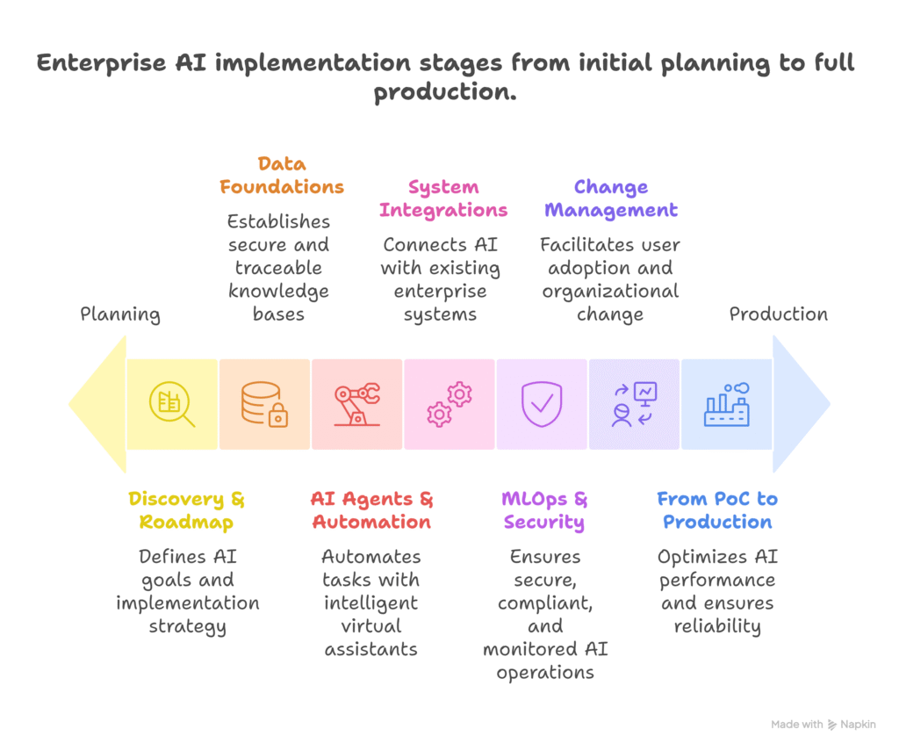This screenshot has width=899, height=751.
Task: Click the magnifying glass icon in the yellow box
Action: (171, 404)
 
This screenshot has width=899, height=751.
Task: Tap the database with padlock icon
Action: (264, 404)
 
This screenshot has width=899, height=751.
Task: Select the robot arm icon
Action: (356, 404)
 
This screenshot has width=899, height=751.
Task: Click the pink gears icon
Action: (449, 404)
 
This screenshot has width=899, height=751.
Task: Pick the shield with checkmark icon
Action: (541, 404)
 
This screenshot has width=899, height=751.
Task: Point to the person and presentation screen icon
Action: (634, 404)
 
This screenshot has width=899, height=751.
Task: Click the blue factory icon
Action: (726, 404)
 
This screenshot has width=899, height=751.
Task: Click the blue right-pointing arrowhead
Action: (801, 404)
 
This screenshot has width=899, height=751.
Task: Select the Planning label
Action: (120, 314)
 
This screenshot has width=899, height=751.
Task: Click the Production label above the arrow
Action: (778, 314)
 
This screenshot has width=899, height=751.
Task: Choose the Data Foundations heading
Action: (282, 175)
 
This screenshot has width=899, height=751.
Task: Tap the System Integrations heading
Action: (443, 199)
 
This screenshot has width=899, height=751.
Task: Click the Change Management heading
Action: (611, 199)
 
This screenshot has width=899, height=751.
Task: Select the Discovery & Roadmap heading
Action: (186, 510)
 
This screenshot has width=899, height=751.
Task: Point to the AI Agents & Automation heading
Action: (371, 510)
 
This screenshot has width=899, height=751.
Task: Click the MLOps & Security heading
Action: (544, 510)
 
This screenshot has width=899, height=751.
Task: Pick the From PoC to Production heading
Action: (717, 510)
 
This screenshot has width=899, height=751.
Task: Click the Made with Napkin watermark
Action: (823, 725)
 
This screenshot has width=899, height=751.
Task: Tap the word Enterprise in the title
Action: (102, 62)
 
